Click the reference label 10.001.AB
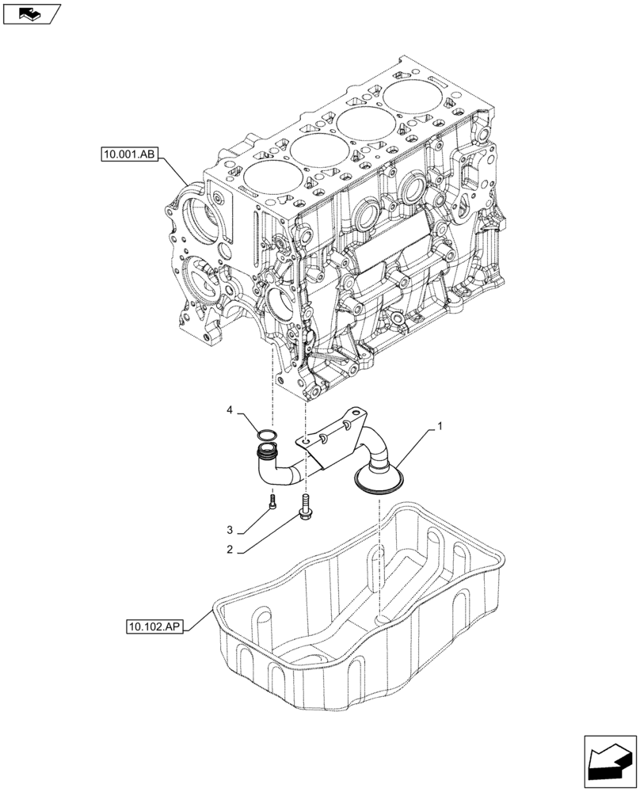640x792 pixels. click(x=130, y=154)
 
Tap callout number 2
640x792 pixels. click(x=229, y=549)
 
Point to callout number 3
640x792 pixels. click(x=229, y=529)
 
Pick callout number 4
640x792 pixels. click(x=230, y=410)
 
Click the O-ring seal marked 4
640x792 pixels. click(x=267, y=435)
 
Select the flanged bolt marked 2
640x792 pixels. click(x=305, y=507)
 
